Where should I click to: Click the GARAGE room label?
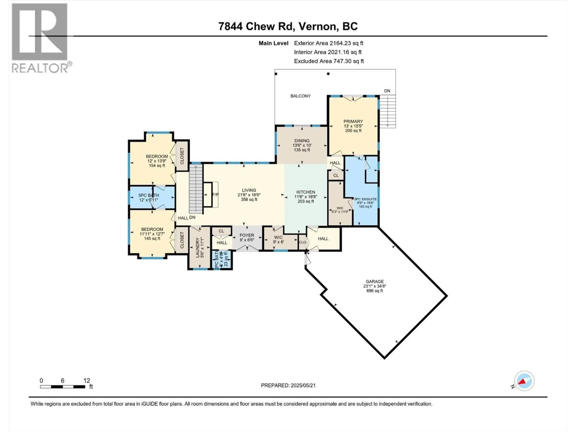point(374,282)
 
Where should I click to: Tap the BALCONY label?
point(300,96)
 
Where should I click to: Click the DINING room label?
point(302,141)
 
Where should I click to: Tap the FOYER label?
point(247,235)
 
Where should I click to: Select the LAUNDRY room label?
point(198,247)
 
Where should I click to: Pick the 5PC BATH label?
point(149,195)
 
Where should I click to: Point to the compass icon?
point(524,381)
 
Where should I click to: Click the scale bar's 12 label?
point(87,381)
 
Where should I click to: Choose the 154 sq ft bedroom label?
point(157,165)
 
